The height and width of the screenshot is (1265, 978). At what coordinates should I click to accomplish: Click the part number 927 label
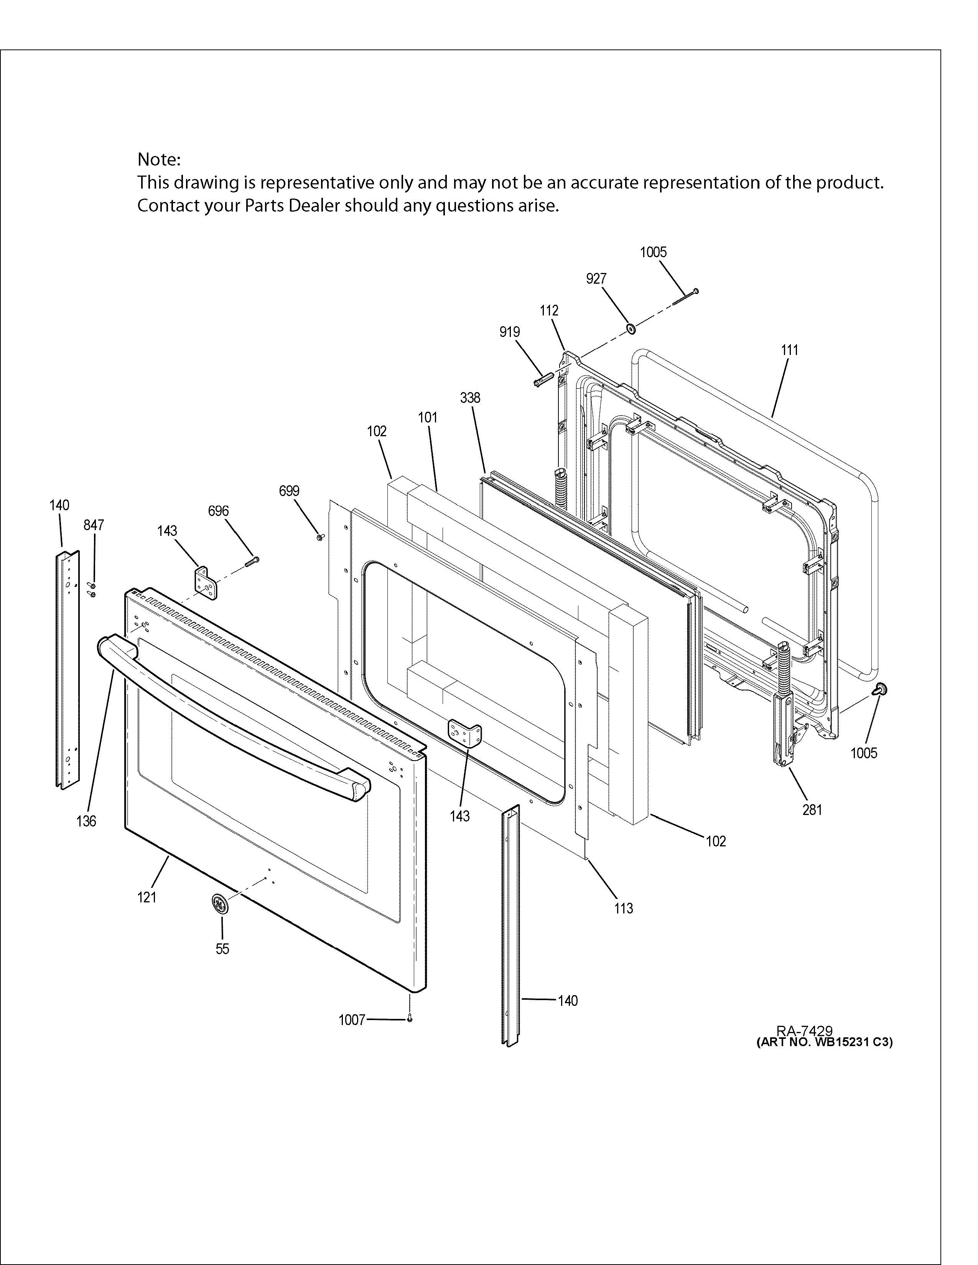click(596, 279)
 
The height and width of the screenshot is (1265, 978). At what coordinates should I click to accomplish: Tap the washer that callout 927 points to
click(630, 329)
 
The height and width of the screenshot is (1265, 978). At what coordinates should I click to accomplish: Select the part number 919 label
click(509, 332)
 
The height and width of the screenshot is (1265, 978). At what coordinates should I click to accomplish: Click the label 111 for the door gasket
click(789, 350)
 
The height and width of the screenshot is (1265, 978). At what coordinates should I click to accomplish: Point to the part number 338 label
click(470, 398)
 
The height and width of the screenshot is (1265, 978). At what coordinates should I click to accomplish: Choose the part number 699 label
click(289, 491)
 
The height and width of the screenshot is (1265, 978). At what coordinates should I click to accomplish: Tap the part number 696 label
click(219, 511)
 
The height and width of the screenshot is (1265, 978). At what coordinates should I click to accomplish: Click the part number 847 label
click(94, 525)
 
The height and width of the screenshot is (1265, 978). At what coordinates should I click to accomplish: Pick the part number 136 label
click(86, 821)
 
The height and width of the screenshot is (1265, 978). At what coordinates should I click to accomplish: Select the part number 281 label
click(812, 810)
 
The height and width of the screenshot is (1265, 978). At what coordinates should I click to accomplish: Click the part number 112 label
click(549, 310)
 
